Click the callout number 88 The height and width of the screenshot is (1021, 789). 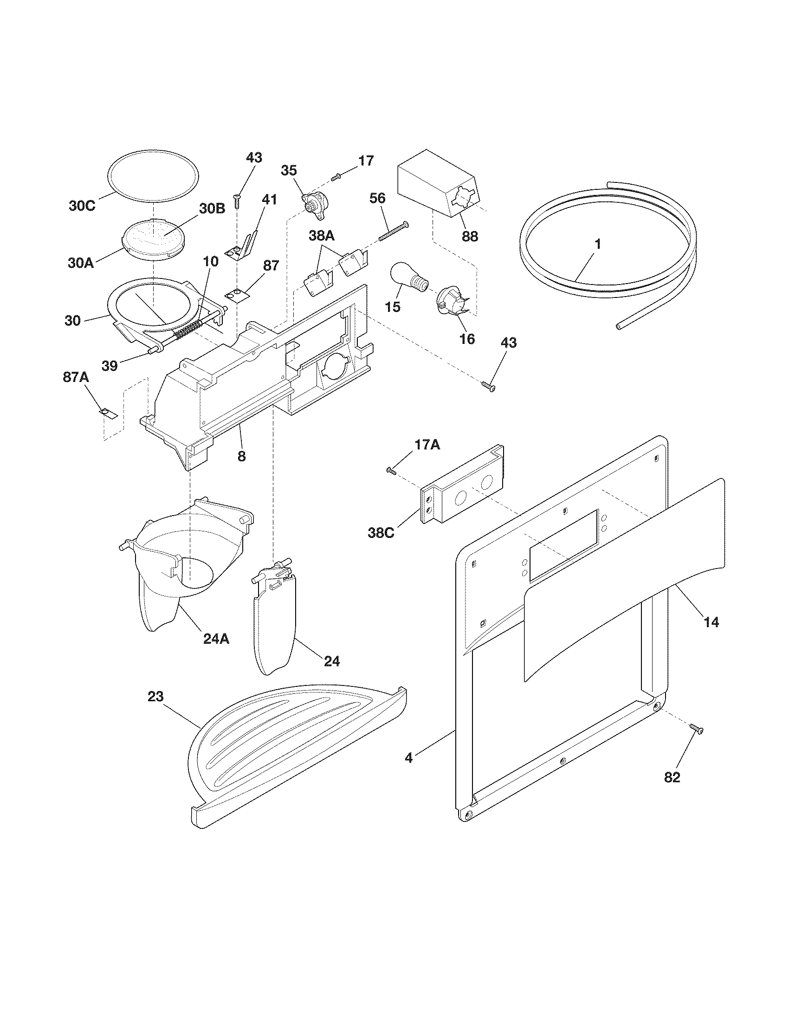(470, 237)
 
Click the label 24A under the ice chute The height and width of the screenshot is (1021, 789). (216, 639)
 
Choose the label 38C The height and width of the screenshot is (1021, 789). (381, 532)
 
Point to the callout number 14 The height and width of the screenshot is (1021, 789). (711, 622)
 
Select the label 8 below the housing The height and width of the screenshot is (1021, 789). (241, 456)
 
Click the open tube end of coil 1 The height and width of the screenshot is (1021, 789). (620, 328)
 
